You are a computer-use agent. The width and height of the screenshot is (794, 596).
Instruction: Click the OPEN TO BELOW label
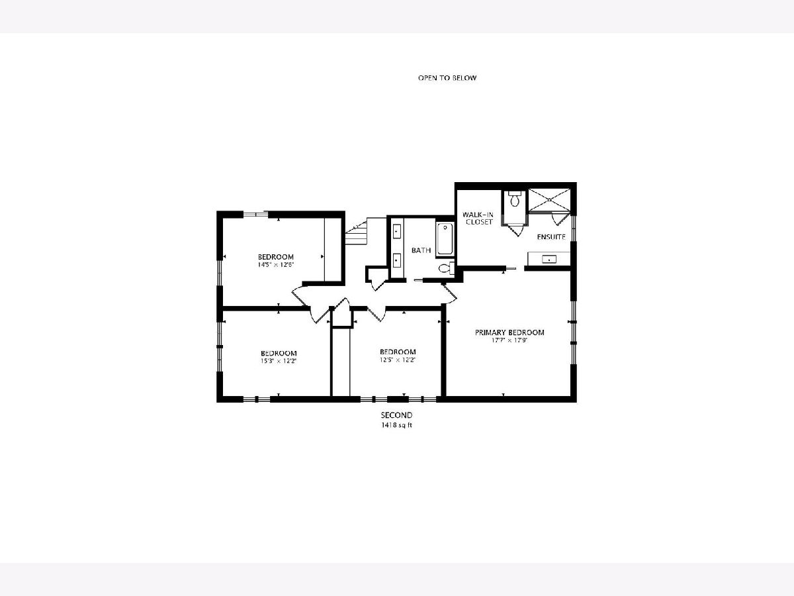click(x=447, y=77)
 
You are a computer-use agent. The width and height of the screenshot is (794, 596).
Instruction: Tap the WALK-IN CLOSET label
click(x=478, y=219)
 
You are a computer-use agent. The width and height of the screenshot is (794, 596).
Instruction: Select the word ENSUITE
click(x=551, y=237)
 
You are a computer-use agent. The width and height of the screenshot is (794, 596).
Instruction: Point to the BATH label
click(x=421, y=250)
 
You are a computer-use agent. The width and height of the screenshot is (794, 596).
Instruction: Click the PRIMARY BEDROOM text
click(x=509, y=332)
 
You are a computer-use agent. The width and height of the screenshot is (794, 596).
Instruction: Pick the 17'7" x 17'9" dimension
click(x=509, y=340)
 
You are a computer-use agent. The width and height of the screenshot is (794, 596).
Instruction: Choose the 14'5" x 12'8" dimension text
click(x=276, y=264)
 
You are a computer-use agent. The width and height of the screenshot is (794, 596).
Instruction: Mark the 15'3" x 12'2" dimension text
click(x=279, y=361)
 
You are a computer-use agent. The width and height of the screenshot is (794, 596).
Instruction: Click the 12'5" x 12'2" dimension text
click(x=398, y=360)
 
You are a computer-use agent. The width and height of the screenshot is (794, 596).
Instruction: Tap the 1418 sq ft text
click(x=396, y=425)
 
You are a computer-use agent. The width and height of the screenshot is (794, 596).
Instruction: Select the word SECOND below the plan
click(x=396, y=415)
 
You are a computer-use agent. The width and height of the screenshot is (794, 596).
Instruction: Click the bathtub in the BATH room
click(x=445, y=239)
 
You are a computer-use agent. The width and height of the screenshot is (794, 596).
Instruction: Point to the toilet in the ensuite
click(x=514, y=199)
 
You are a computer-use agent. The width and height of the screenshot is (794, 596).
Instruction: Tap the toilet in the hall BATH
click(x=446, y=268)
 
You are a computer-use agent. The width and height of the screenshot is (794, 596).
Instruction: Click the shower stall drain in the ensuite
click(x=549, y=199)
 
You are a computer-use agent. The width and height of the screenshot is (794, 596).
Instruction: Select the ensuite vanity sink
click(x=549, y=260)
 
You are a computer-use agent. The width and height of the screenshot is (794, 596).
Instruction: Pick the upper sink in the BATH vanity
click(x=397, y=231)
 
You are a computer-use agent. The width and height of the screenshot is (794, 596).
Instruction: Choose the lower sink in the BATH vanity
click(x=397, y=260)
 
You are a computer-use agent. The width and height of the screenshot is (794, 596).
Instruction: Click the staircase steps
click(x=356, y=231)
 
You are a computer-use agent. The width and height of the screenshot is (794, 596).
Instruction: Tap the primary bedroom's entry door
click(x=449, y=294)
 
